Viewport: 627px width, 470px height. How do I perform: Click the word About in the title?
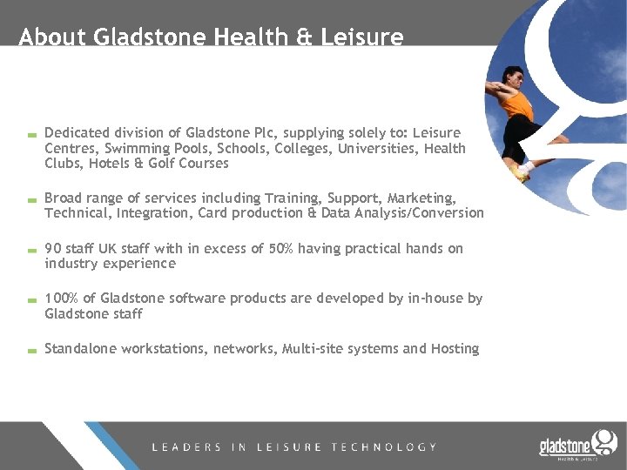[52, 37]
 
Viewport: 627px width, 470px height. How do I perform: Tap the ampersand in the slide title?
[306, 37]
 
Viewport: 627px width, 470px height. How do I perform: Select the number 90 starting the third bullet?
[53, 249]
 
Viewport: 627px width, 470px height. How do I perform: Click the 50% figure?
[280, 249]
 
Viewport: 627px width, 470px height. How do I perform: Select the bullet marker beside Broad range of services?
[30, 200]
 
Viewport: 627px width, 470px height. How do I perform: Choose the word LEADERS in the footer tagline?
[185, 447]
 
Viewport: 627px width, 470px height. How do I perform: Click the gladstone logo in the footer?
[576, 445]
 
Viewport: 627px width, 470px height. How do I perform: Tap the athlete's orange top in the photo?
[519, 104]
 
